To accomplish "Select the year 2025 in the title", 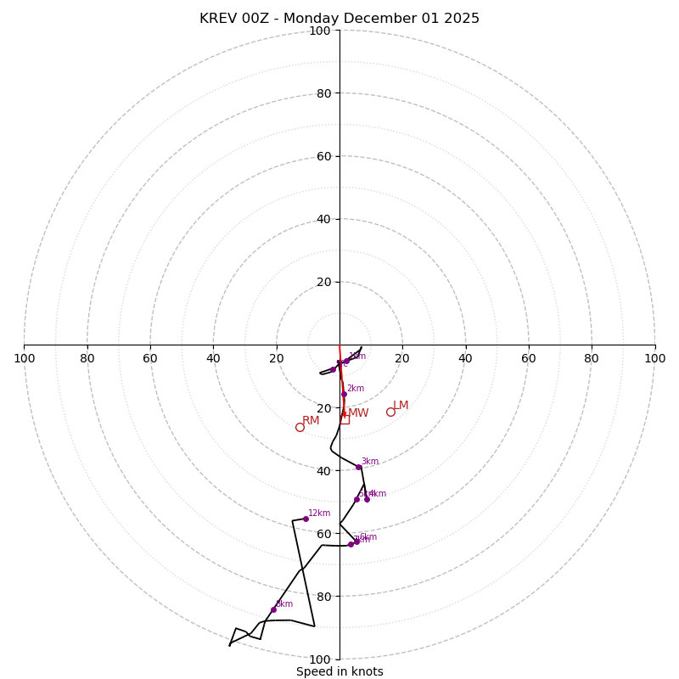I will coord(459,19).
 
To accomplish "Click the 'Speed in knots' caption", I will coord(339,671).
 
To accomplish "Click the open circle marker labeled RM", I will coord(300,427).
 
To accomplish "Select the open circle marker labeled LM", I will coord(390,412).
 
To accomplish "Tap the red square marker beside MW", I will coord(345,418).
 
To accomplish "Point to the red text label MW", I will coord(358,413).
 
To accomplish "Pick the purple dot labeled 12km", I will coord(306,519).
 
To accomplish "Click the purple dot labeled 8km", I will coord(273,609).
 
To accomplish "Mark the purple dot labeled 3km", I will coord(358,467).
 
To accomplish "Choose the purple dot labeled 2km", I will coord(344,394).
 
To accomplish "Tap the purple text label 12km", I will coord(319,513).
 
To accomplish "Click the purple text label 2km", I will coord(355,389).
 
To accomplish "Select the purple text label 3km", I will coord(370,462).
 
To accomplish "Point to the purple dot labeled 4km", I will coord(367,499).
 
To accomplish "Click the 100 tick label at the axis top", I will coord(320,31).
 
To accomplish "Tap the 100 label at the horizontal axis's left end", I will coord(24,358).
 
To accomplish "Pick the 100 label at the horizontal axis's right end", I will coord(654,358).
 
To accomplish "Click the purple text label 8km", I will coord(284,604).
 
